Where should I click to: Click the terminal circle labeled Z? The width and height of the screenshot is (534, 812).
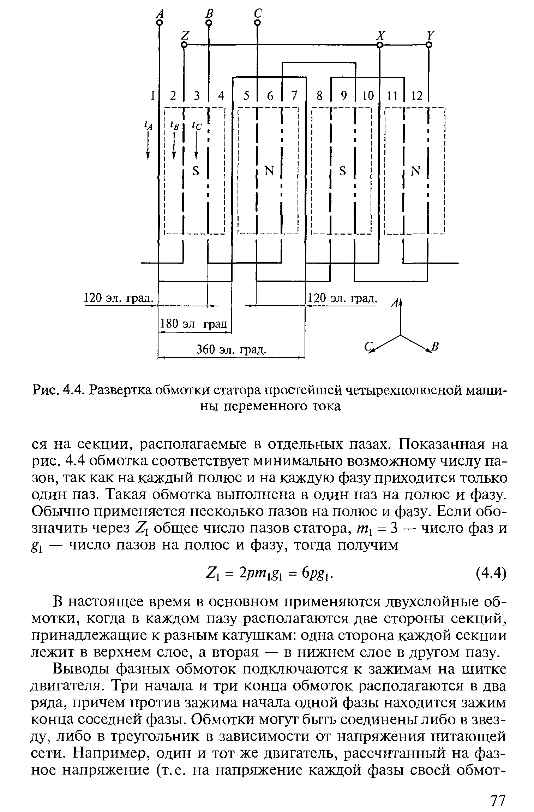[x=184, y=45]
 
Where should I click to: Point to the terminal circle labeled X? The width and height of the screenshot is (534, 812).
[x=380, y=45]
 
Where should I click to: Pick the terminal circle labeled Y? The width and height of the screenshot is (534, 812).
[x=429, y=45]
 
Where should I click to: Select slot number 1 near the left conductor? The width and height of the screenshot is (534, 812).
[x=152, y=96]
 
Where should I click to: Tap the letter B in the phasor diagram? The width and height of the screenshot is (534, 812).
[x=435, y=346]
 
